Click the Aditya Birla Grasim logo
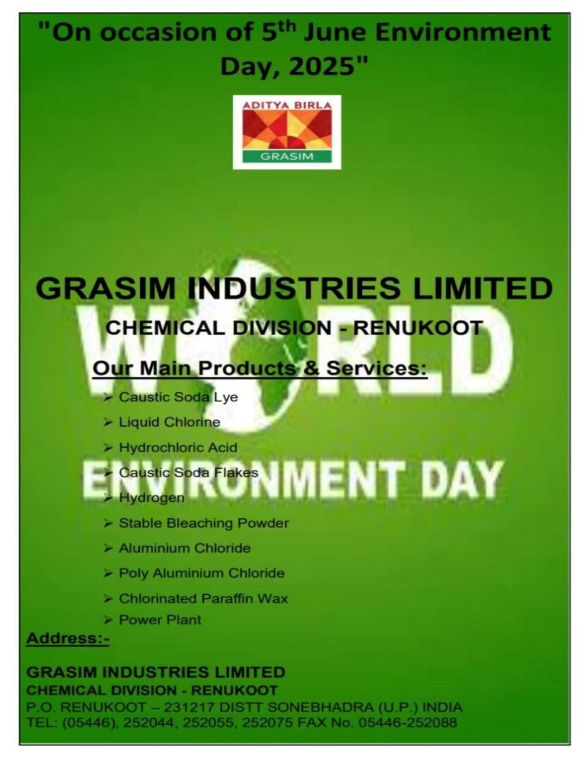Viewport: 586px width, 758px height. click(x=287, y=132)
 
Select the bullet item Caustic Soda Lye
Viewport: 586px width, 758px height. click(x=178, y=397)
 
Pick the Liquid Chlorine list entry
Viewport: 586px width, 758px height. click(x=170, y=422)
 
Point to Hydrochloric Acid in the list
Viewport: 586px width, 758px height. click(x=178, y=447)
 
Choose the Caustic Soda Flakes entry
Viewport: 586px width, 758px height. click(x=189, y=472)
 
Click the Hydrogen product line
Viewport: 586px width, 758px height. click(x=152, y=498)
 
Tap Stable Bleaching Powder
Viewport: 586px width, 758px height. click(x=204, y=523)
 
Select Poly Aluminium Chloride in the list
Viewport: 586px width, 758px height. click(x=202, y=573)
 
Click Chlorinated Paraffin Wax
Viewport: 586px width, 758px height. click(x=203, y=599)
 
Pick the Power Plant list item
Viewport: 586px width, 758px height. click(x=160, y=620)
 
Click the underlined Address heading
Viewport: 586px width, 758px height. click(x=68, y=639)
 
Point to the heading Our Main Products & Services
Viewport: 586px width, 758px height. click(x=260, y=369)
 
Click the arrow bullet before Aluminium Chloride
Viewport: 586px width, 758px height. click(x=108, y=548)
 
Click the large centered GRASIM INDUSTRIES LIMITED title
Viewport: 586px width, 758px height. click(x=294, y=289)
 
